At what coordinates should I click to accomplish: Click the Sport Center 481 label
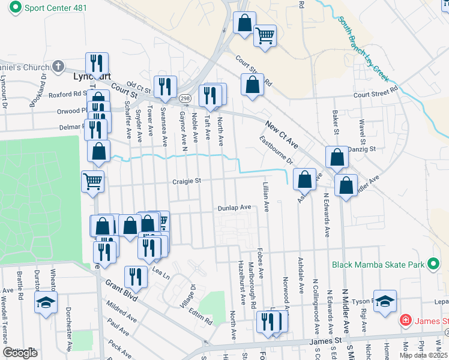(53, 7)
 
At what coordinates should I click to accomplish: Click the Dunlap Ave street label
(234, 207)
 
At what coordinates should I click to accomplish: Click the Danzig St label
(362, 148)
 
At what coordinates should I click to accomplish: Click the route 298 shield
(185, 98)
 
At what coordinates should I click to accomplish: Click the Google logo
(20, 352)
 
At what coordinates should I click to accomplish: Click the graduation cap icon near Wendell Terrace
(46, 302)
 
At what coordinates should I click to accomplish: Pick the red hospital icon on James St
(406, 321)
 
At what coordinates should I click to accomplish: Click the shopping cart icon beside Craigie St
(92, 181)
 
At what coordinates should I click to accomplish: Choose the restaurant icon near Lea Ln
(136, 277)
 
